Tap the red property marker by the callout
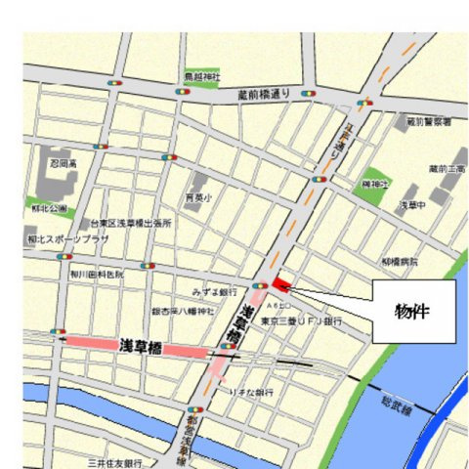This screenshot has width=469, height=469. point(281,284)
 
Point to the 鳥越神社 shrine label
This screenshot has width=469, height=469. point(202,75)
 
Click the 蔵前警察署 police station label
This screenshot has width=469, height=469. point(428,121)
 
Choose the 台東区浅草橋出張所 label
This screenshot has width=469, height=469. point(130,224)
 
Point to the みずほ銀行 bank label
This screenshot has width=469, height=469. point(215,292)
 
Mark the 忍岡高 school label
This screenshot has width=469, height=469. point(64,165)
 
